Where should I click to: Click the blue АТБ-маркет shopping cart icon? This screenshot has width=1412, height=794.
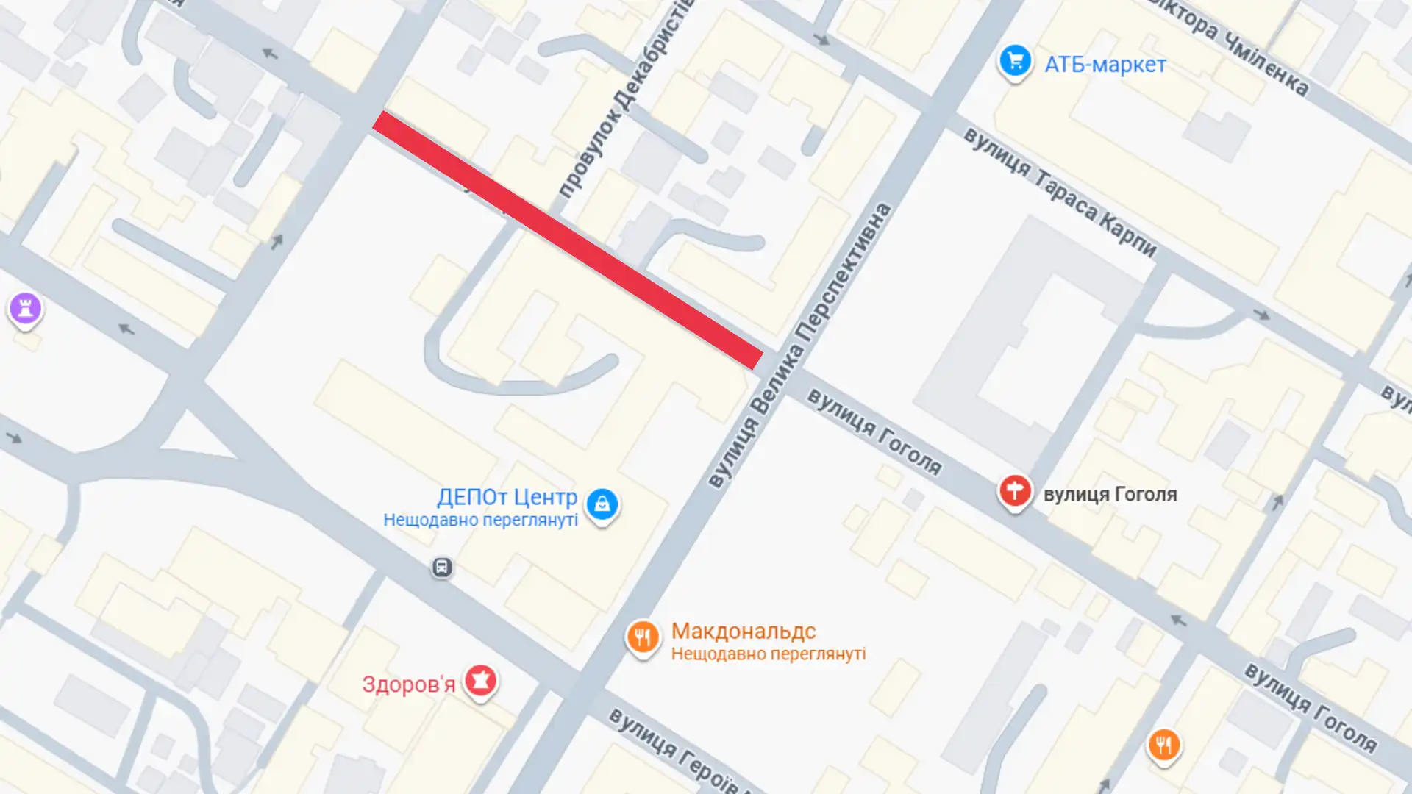point(1015,62)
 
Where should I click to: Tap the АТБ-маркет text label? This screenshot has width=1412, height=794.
point(1105,65)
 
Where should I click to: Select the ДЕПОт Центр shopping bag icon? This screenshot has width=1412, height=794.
point(602,504)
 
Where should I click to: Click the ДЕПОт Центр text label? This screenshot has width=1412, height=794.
point(507,497)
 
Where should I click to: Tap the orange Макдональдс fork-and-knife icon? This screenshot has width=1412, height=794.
point(642,637)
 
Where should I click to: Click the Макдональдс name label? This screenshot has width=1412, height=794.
point(743,631)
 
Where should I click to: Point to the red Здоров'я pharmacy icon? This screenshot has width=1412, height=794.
point(480,681)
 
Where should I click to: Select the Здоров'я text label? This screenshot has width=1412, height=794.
point(408,684)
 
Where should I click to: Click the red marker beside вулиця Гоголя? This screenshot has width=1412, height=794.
point(1014,490)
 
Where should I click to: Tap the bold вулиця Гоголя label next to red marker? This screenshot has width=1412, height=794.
point(1110,494)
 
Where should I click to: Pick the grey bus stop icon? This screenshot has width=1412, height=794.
point(441,567)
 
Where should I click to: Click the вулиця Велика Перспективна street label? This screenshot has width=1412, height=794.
point(799,346)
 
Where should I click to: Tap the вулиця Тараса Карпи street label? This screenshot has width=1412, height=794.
point(1059,192)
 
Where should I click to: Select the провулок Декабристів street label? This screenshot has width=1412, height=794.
point(625,99)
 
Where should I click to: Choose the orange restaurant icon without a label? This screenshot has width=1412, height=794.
point(1163,745)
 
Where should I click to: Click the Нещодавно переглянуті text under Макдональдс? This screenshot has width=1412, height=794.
point(768,654)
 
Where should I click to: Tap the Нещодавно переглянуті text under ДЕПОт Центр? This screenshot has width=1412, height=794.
point(480,520)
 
